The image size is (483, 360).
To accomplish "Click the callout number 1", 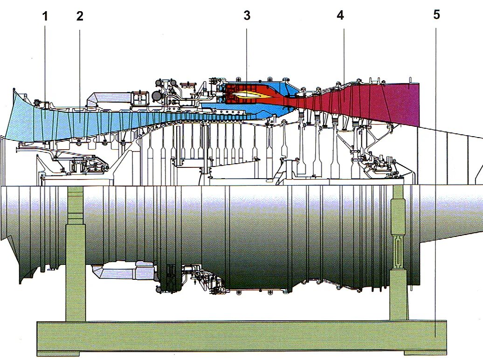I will click(x=45, y=16).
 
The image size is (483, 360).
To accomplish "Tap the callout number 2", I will click(x=80, y=16).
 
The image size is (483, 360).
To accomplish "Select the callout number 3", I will click(x=247, y=15).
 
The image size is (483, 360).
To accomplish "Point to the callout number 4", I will click(x=340, y=15).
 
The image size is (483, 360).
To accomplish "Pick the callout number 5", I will click(x=436, y=14).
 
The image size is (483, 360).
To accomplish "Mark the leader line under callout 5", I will click(x=435, y=177).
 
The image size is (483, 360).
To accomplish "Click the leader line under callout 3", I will click(x=247, y=51).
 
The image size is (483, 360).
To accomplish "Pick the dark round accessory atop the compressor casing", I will click(x=157, y=96).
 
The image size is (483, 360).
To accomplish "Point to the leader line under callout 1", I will click(x=45, y=61).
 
